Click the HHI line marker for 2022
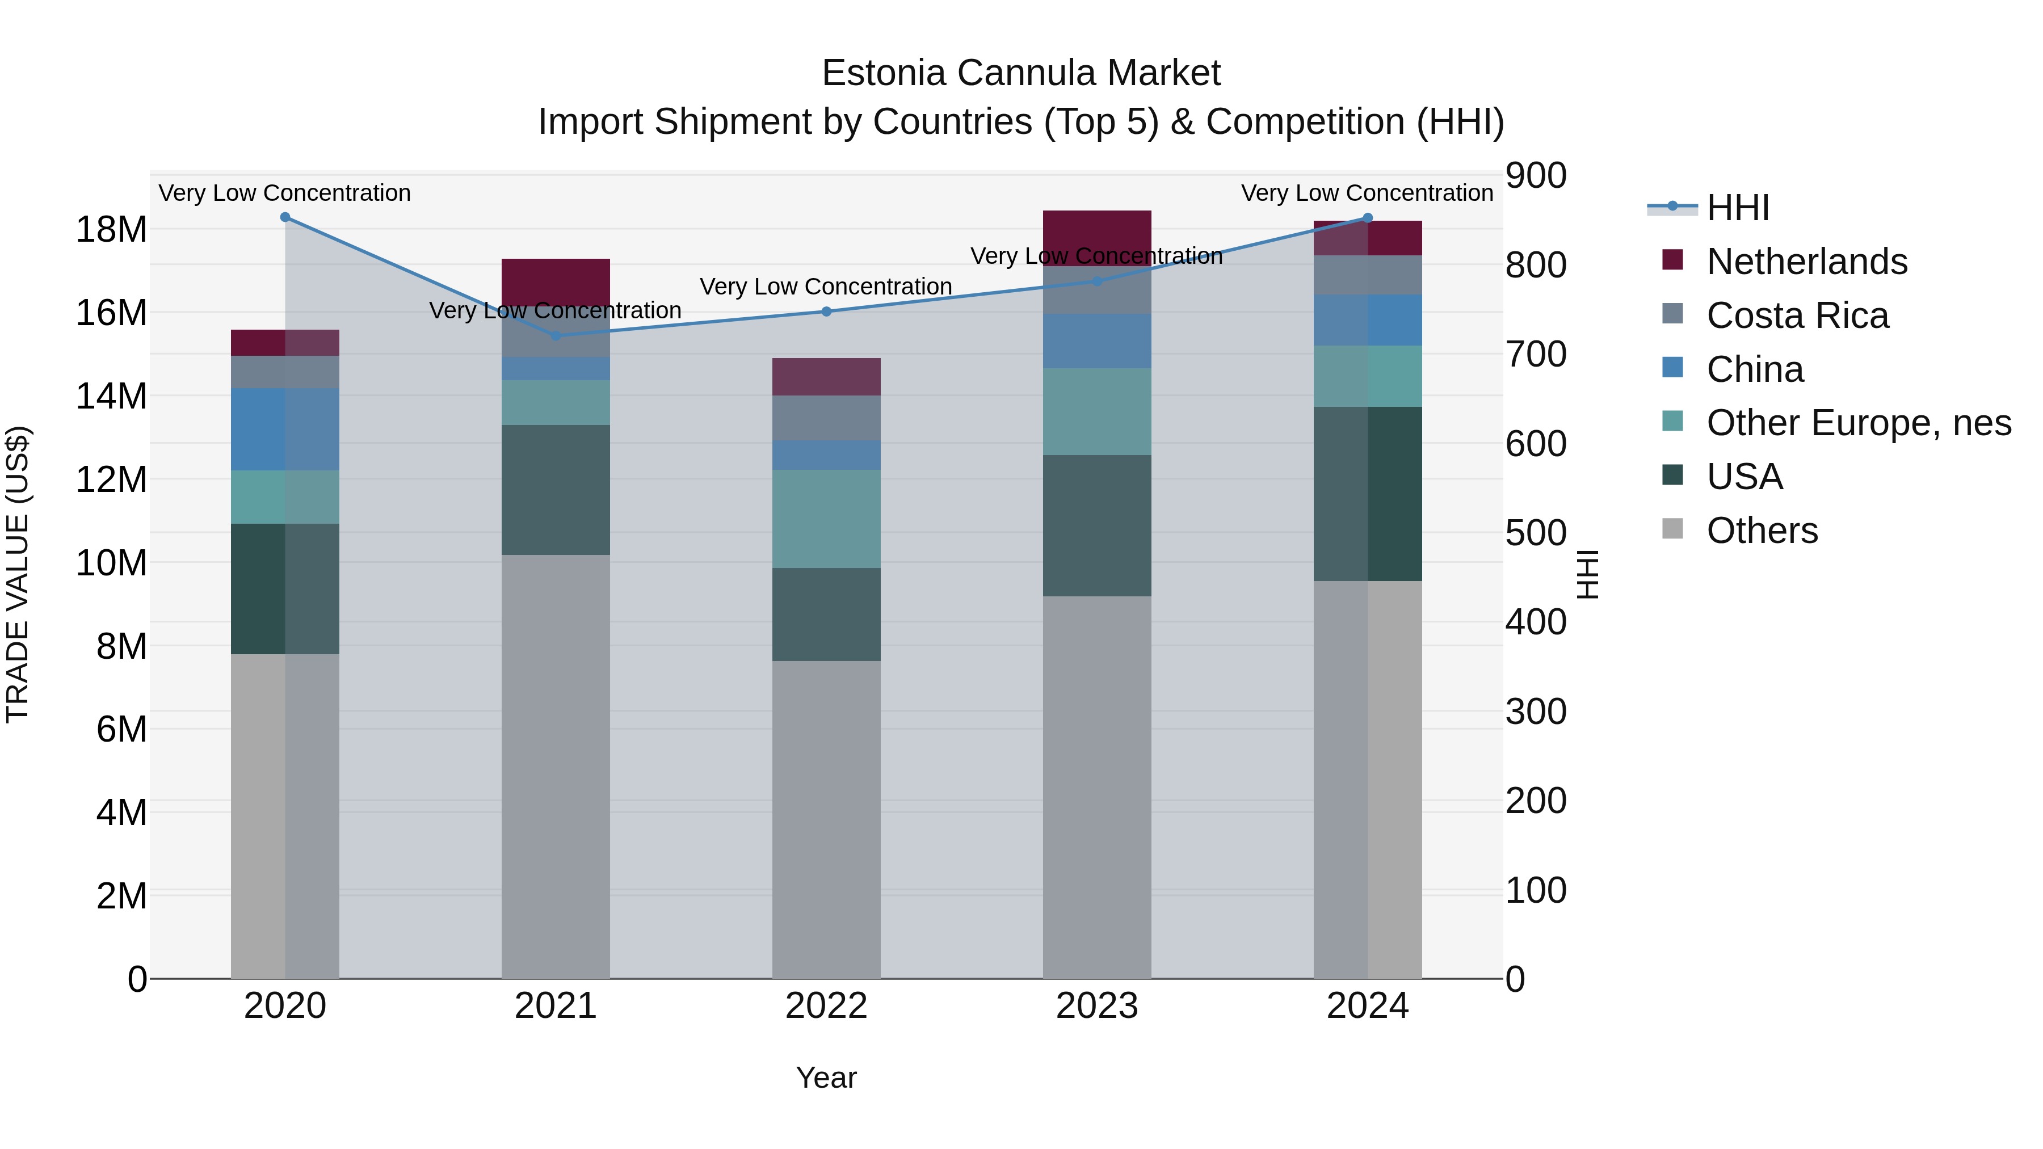click(826, 312)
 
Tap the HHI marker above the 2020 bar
click(285, 217)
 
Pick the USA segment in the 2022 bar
click(826, 614)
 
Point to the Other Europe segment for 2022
click(826, 519)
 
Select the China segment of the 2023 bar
click(1097, 341)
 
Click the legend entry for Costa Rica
click(1797, 315)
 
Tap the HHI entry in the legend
click(1737, 208)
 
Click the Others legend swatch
click(1672, 529)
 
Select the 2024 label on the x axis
click(1367, 1006)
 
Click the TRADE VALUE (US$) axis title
click(18, 574)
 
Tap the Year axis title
click(826, 1078)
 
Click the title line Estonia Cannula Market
click(1021, 73)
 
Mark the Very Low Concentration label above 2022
click(826, 287)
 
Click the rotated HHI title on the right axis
click(1588, 574)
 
